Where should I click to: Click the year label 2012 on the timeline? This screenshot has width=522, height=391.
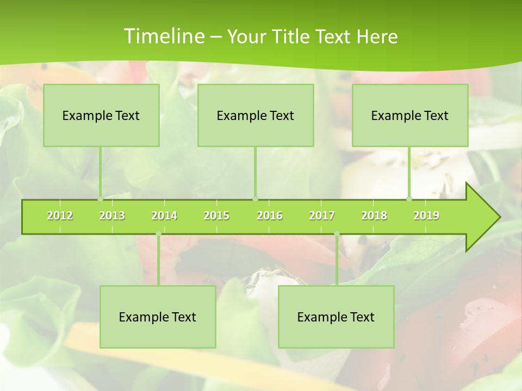tap(60, 216)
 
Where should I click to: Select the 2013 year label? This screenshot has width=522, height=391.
tap(112, 216)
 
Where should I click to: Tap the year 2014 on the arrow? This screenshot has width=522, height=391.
tap(164, 216)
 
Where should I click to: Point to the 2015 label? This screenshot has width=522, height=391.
tap(216, 216)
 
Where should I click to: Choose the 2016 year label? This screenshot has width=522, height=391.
tap(270, 216)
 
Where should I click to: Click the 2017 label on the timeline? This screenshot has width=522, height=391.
tap(322, 216)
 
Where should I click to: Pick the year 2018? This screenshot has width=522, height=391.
tap(374, 216)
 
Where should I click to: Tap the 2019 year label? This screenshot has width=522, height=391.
tap(426, 216)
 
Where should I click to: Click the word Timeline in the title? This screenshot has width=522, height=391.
tap(163, 36)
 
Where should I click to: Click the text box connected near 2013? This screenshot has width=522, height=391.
tap(101, 115)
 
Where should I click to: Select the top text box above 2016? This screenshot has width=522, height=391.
tap(256, 115)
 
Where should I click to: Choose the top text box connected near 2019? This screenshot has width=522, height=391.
tap(410, 115)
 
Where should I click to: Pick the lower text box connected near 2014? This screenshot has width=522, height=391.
tap(158, 317)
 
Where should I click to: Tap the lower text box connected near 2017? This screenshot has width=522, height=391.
tap(336, 317)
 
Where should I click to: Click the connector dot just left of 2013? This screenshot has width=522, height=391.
tap(100, 199)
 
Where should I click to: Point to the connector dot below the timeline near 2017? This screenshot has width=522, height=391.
tap(337, 234)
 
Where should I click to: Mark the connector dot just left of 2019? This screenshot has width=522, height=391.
tap(409, 199)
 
